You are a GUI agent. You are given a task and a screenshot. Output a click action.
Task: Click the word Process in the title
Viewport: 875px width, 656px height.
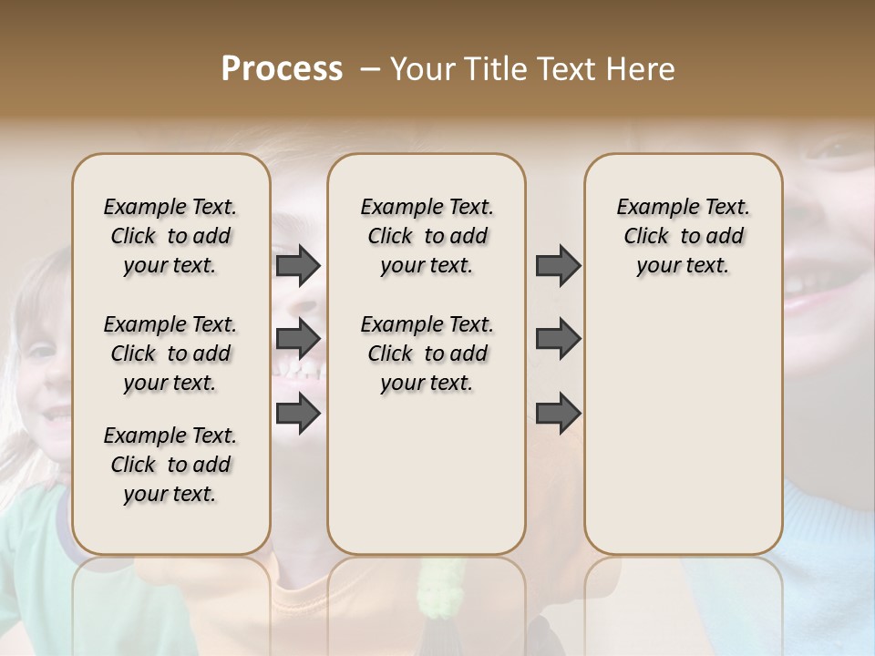point(282,69)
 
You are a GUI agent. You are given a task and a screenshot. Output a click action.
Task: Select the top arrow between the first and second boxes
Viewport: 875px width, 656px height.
point(298,266)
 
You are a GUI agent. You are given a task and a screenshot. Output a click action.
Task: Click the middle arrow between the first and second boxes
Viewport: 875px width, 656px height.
point(298,340)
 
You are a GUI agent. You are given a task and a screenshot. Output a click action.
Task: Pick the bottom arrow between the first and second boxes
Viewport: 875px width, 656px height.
point(298,413)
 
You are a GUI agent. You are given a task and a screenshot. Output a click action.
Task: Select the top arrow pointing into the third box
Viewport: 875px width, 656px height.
point(558,266)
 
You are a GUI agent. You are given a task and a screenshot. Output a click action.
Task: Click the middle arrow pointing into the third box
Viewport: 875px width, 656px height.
point(558,340)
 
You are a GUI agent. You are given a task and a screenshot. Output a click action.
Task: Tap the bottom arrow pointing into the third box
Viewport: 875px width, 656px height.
point(558,413)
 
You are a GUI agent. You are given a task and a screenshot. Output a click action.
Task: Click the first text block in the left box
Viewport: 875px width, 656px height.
point(170,236)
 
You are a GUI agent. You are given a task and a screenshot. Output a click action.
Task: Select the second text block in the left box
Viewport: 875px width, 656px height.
point(170,354)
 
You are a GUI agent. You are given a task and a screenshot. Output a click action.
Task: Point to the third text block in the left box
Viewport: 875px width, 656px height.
point(170,465)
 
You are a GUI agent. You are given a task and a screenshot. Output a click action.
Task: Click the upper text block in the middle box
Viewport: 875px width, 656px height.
point(427,236)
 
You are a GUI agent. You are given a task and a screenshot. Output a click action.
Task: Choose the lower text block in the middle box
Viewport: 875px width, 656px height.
point(427,354)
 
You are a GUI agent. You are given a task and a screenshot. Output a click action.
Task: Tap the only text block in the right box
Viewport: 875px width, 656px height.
point(683,236)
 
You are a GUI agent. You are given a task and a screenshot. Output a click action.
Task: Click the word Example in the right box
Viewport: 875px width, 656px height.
point(652,208)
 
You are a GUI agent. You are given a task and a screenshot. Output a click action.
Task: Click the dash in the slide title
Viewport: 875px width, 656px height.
point(370,69)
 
